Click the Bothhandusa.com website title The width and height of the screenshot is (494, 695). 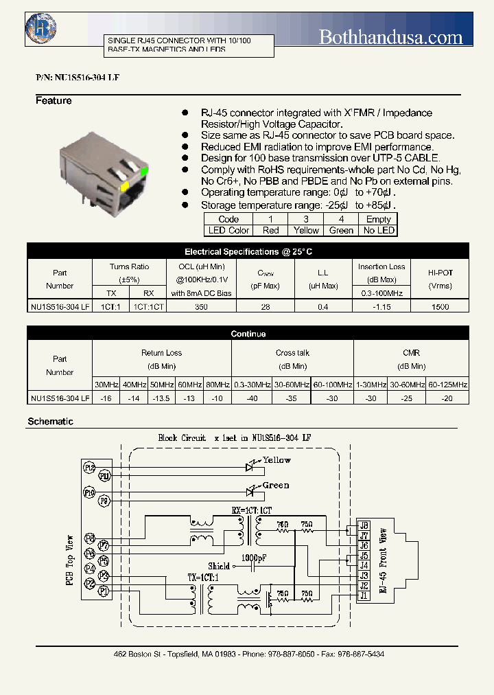(390, 37)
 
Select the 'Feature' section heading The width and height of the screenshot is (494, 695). (54, 101)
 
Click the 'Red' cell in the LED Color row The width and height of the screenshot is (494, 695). (271, 231)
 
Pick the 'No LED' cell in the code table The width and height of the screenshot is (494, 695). (379, 231)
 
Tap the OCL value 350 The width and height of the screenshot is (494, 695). (200, 307)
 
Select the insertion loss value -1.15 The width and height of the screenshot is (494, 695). (381, 307)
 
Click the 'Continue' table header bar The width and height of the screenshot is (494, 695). (248, 334)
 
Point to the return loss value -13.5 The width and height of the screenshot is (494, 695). (162, 398)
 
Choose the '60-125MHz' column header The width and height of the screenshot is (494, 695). (447, 384)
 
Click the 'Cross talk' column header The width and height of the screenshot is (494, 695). (293, 353)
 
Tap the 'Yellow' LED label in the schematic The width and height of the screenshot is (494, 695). (277, 460)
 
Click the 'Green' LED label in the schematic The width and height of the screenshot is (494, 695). (276, 486)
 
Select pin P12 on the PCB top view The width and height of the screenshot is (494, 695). (89, 468)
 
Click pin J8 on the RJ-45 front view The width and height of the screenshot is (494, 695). (364, 525)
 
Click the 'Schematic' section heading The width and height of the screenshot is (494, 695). (50, 421)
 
